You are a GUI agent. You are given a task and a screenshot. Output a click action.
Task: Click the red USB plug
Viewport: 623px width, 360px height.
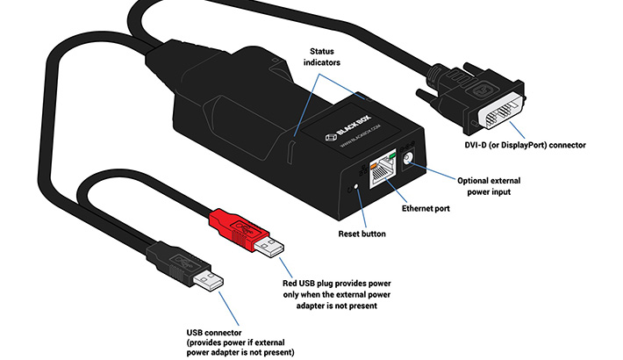[240, 231]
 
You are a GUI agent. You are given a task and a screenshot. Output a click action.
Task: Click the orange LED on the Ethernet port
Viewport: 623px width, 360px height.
[376, 161]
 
